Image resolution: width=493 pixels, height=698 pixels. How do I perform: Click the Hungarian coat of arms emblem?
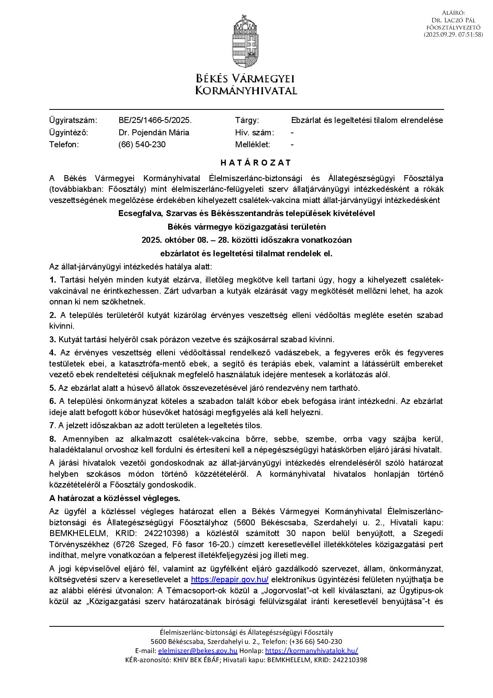point(246,41)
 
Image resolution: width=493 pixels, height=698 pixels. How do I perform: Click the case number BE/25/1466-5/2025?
point(155,120)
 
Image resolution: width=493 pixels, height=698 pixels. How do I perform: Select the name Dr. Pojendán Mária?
point(154,133)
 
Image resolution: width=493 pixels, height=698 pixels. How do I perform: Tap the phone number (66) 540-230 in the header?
point(142,144)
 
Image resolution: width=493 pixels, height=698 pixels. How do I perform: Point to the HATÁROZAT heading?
point(256,163)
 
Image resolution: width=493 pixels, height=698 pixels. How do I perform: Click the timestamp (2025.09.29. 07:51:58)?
point(453,35)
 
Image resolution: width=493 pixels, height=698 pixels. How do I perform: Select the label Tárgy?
point(247,120)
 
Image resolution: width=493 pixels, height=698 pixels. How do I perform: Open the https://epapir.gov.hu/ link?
point(229,580)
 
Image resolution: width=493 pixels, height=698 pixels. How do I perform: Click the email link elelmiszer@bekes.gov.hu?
point(198,651)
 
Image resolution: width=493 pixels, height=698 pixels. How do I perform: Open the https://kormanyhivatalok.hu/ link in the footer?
point(311,651)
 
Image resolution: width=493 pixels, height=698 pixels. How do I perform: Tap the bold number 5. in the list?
point(52,388)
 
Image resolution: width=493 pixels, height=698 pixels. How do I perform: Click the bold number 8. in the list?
point(52,439)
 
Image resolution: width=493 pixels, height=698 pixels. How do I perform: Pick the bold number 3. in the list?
point(52,339)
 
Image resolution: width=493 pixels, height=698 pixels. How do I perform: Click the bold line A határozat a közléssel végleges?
point(115,498)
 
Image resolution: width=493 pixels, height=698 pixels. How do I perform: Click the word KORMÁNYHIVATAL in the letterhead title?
point(246,90)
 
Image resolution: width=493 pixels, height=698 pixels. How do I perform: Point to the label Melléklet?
point(252,144)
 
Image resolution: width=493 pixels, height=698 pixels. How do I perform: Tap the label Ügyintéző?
point(68,133)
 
